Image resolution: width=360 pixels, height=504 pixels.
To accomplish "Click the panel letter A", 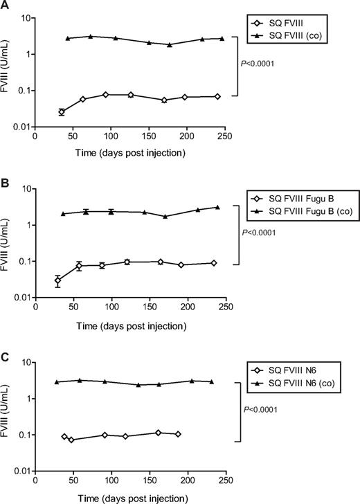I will click(5, 6).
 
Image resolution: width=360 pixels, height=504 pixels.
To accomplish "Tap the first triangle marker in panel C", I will click(57, 382).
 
